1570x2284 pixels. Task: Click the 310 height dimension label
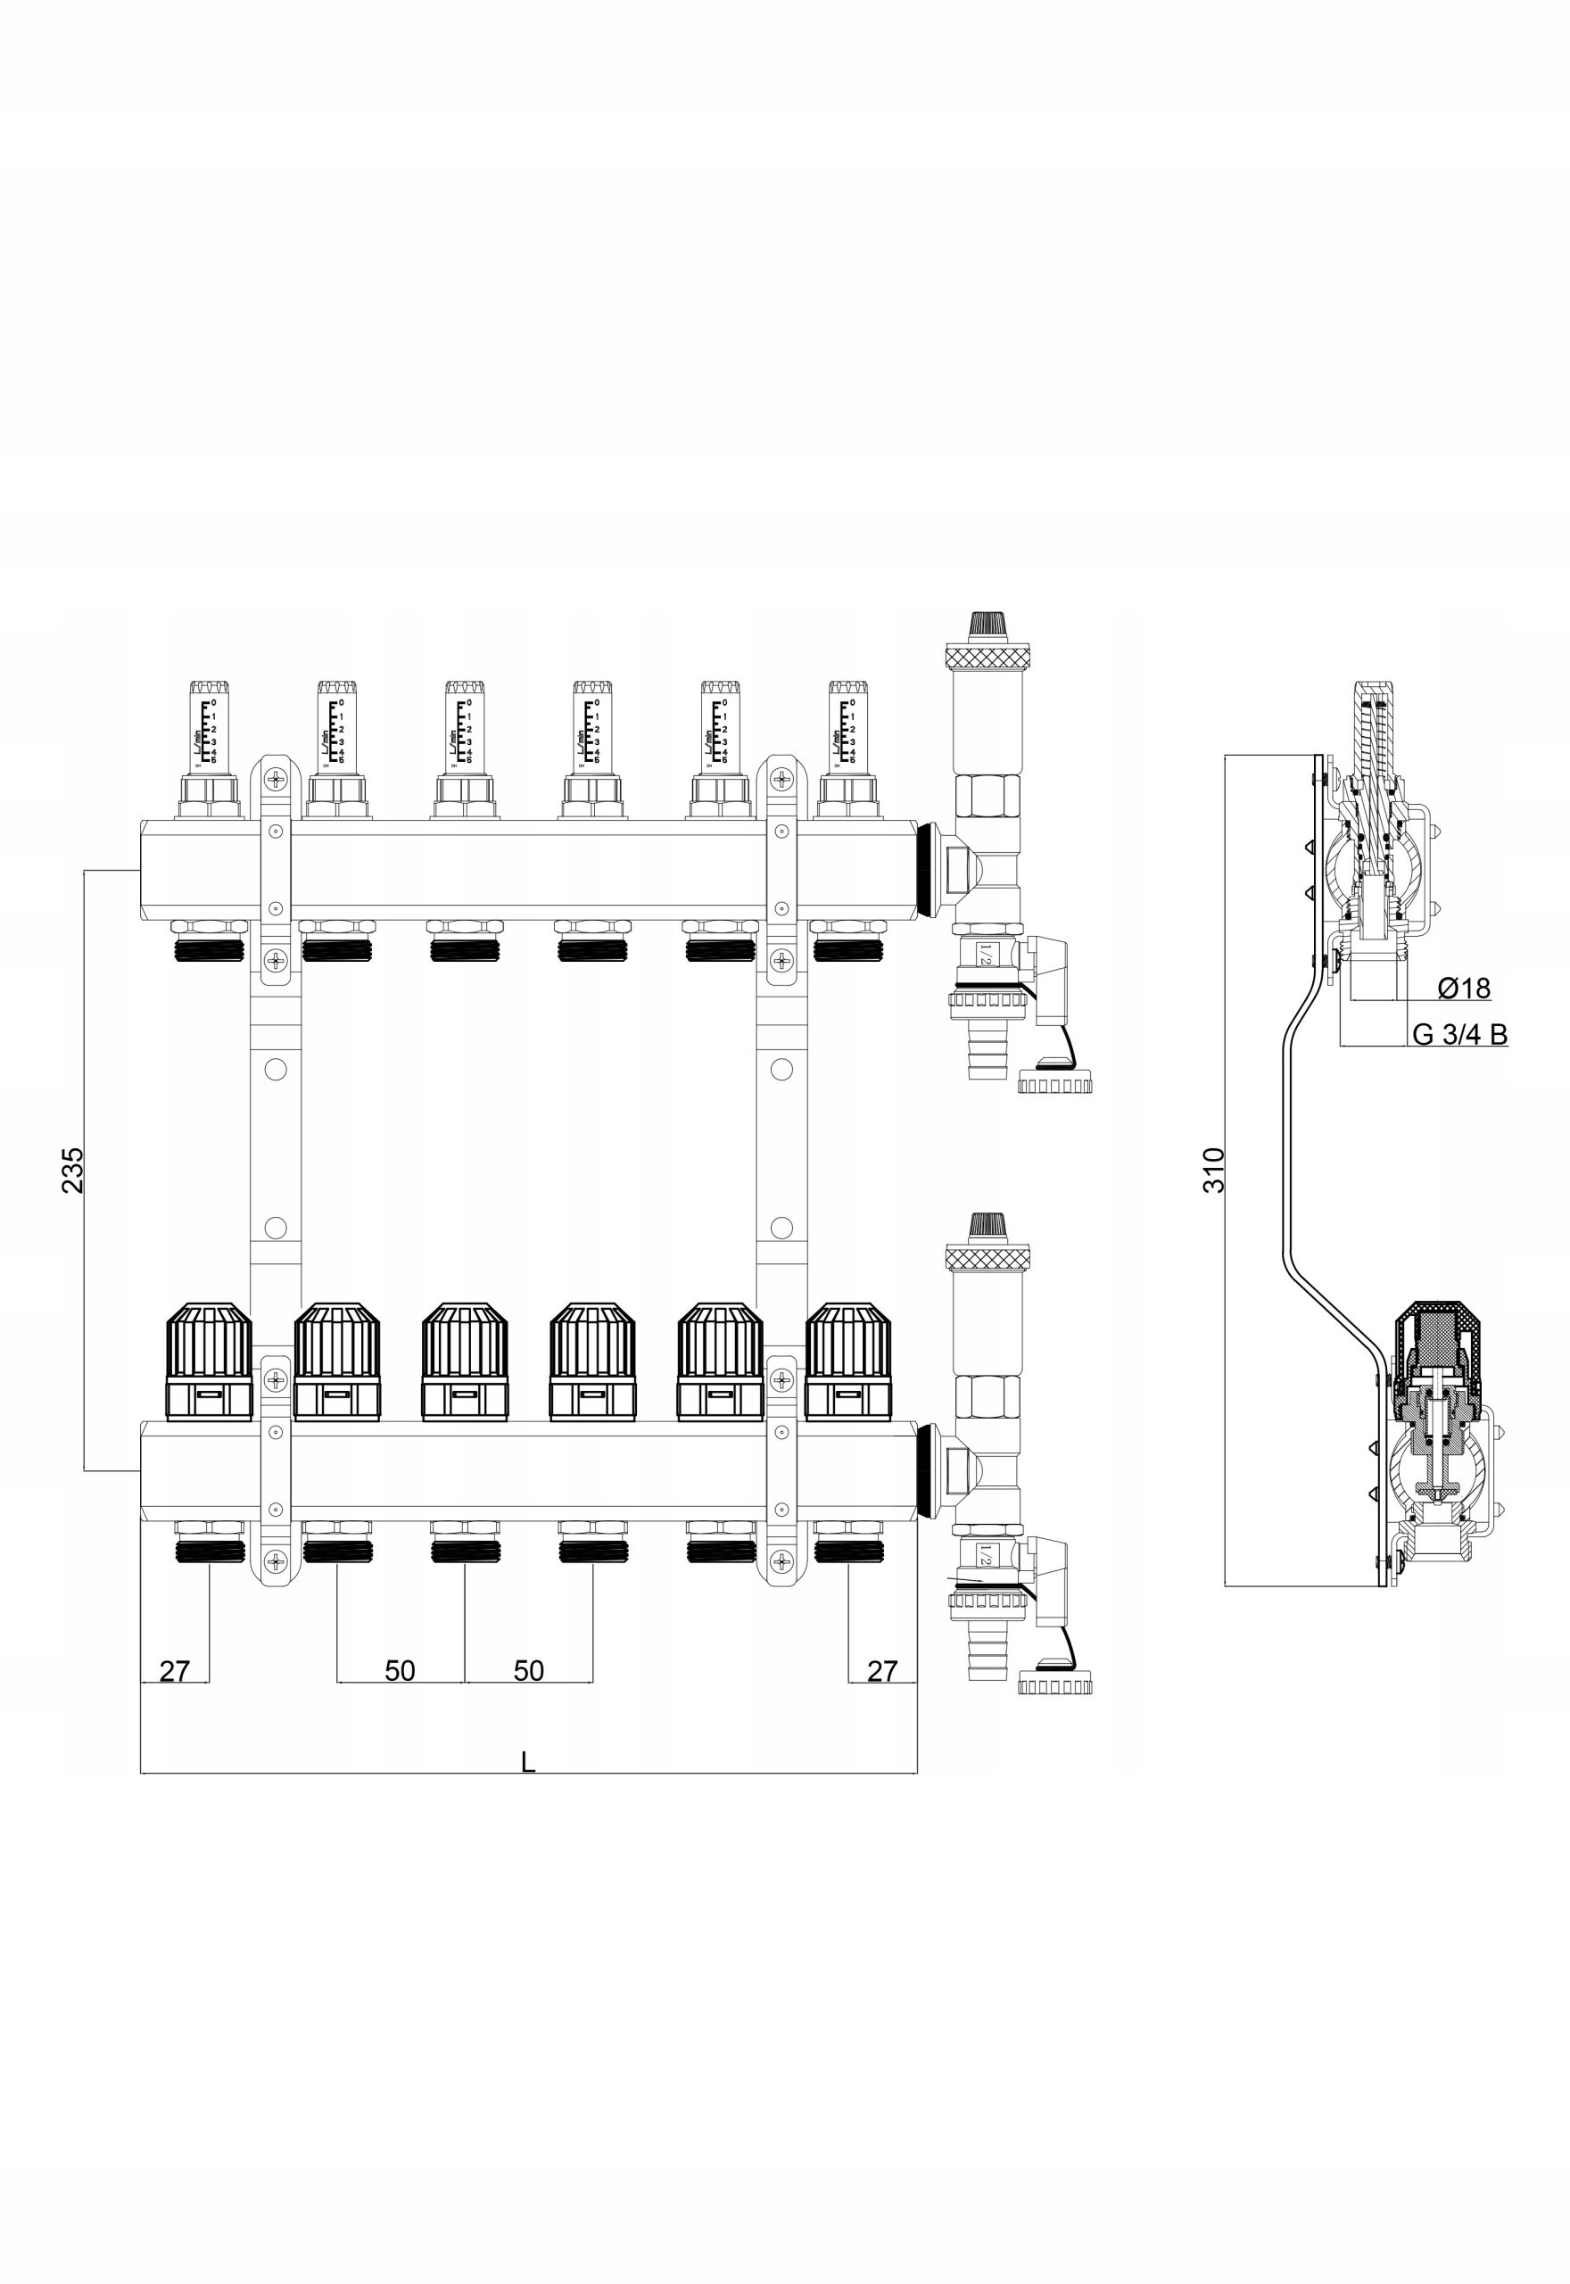point(1215,1170)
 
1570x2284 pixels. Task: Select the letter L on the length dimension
point(528,1762)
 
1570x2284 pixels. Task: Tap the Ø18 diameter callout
point(1464,988)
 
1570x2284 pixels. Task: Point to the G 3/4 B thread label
point(1458,1035)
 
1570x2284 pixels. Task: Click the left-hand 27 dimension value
point(174,1671)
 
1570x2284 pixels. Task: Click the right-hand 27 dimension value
point(882,1671)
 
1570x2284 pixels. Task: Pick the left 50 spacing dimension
point(400,1671)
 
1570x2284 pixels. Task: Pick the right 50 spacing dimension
point(528,1671)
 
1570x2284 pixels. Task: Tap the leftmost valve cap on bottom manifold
point(209,1361)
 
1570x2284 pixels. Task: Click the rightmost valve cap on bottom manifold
point(848,1361)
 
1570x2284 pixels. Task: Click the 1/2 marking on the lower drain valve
point(985,1555)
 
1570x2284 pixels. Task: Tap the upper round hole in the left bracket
point(276,1069)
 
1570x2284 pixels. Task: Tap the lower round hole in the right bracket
point(781,1228)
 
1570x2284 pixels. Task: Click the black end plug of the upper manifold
point(926,871)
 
